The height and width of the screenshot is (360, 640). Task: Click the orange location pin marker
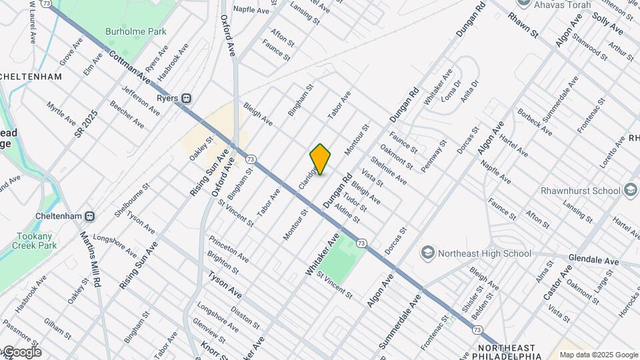point(320,159)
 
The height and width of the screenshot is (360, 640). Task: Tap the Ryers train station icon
point(187,98)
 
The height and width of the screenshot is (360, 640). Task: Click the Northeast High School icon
point(427,253)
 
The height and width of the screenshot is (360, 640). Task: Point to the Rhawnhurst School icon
point(629,191)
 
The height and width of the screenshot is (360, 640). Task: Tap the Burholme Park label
point(135,31)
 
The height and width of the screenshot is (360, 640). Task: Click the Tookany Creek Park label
point(35,240)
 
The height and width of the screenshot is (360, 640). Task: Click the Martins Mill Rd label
point(89,259)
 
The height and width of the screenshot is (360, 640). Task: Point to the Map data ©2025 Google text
point(598,355)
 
